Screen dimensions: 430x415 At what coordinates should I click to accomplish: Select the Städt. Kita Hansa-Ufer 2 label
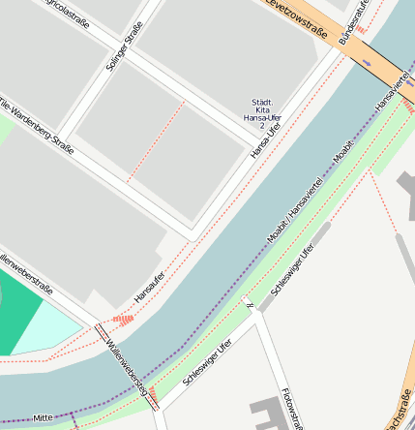(261, 113)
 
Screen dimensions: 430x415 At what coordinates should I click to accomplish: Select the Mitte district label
(43, 417)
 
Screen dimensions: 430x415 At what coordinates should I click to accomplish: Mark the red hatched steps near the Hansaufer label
(123, 318)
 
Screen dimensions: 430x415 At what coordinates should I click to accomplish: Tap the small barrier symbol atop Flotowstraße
(251, 306)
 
